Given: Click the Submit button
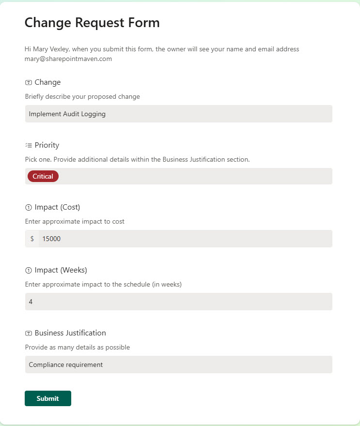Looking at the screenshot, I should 47,398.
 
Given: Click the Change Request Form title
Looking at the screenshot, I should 92,22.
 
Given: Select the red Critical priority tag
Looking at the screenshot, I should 43,176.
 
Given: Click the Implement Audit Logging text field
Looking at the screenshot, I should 178,114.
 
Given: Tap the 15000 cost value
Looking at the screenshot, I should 51,239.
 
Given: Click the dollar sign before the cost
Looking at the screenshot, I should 32,239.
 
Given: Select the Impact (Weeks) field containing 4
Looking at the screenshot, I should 178,302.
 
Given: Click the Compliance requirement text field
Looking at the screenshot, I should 178,365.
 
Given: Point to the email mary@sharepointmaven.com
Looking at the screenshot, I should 68,59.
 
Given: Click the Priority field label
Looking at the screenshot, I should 47,145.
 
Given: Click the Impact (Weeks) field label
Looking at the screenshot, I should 61,270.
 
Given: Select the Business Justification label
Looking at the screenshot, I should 70,333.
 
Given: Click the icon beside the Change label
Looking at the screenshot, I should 28,83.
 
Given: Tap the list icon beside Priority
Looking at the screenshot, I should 28,145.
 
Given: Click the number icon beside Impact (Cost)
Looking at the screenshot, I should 28,208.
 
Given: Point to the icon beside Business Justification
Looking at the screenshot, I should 28,333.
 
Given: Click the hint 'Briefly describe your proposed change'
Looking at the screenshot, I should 82,97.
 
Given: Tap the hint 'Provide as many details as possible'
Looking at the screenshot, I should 78,347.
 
